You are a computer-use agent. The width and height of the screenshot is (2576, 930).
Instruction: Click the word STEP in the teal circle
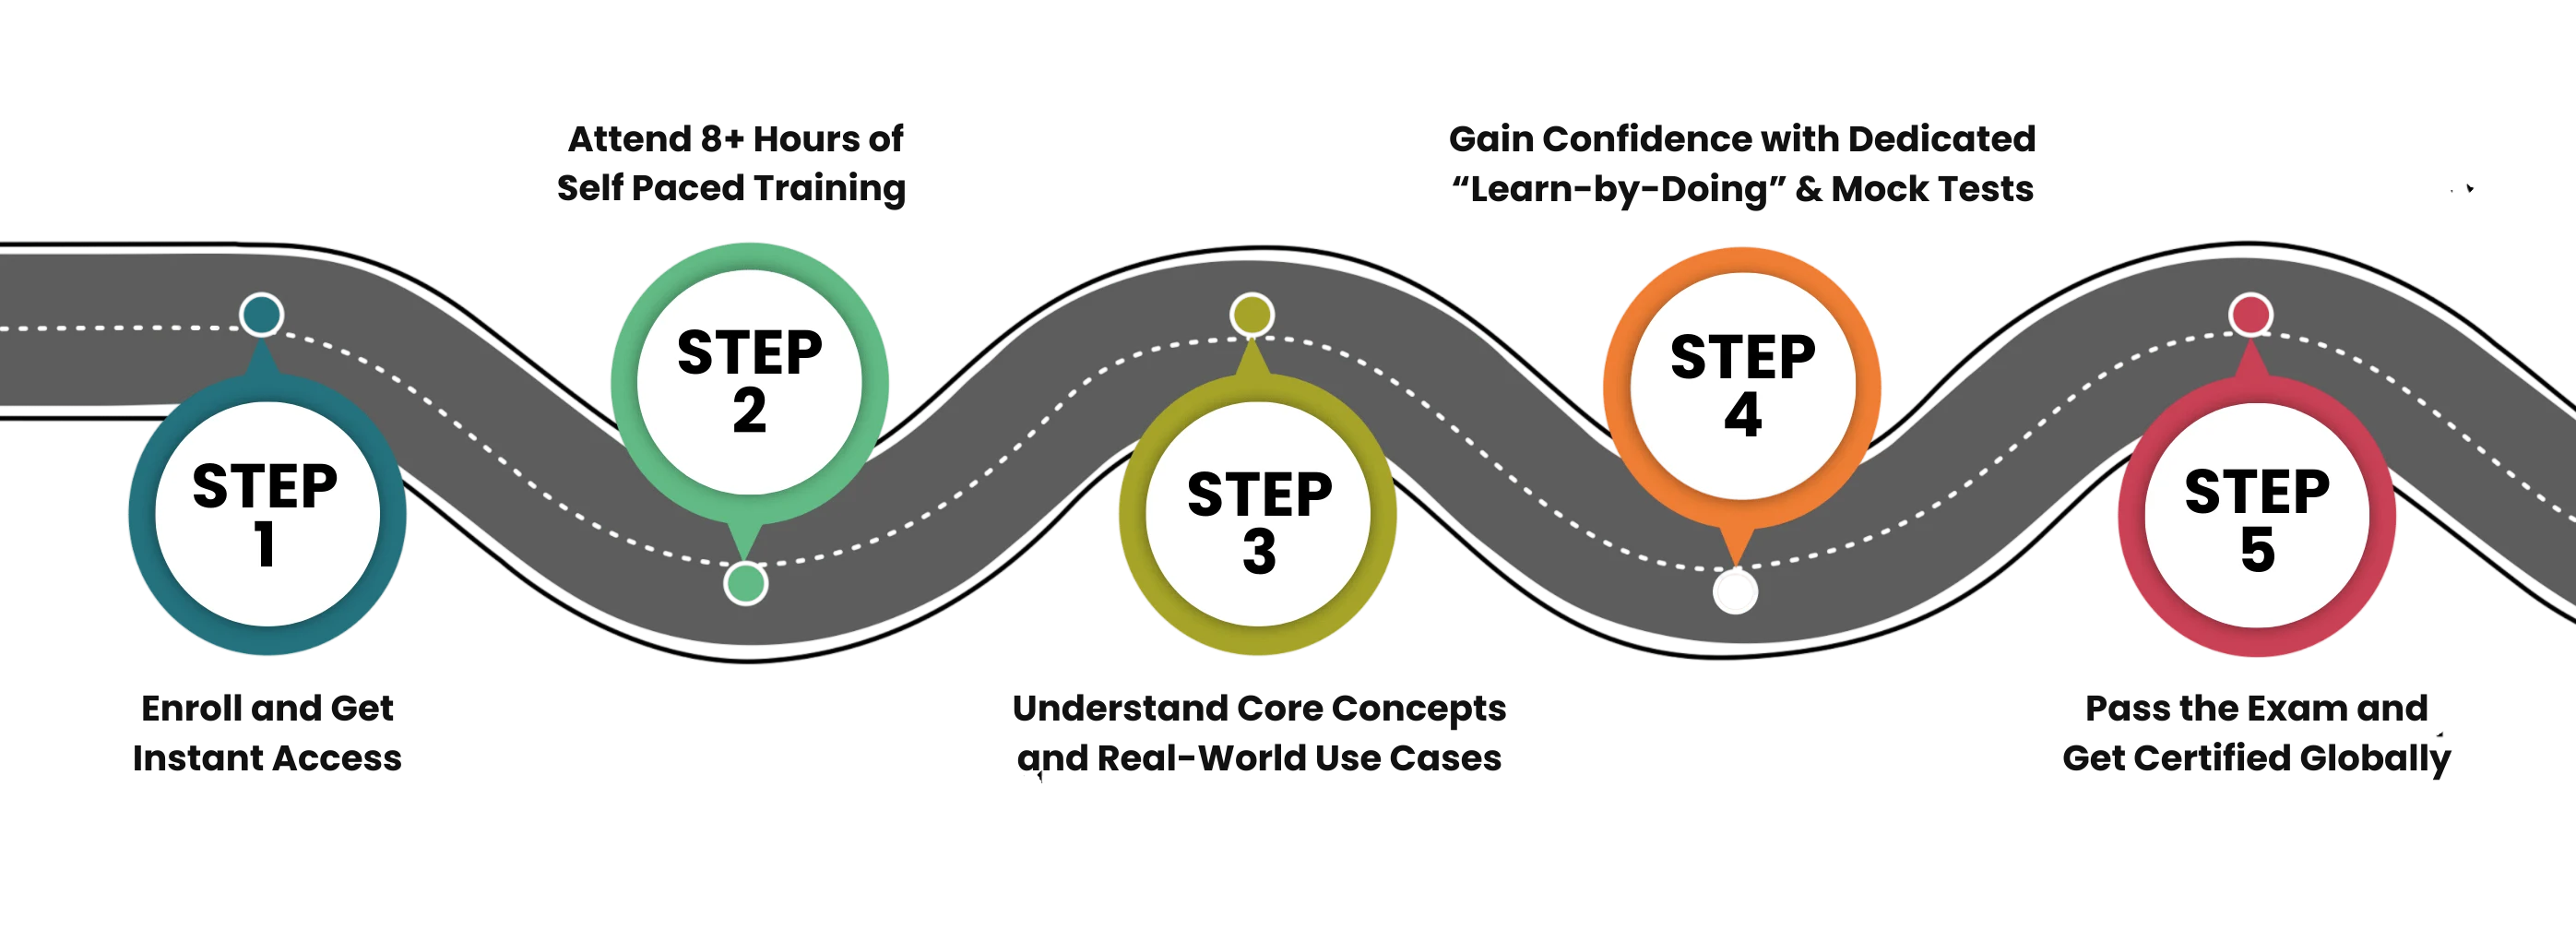point(265,486)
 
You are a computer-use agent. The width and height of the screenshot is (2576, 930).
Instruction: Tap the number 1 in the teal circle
point(265,546)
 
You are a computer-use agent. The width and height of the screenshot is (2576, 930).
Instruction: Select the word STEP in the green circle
point(749,353)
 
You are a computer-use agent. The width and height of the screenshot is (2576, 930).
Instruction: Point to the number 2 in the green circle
point(749,411)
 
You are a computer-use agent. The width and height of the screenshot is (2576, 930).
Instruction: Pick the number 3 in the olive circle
point(1259,553)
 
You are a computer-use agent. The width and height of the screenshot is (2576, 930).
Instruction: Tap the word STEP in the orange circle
point(1742,358)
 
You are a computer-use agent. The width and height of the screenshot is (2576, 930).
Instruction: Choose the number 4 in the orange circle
point(1742,416)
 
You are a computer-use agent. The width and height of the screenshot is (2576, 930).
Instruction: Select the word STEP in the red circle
point(2257,492)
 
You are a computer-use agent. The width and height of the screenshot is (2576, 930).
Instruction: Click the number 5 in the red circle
point(2257,551)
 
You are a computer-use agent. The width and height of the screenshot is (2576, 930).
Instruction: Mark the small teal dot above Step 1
point(262,315)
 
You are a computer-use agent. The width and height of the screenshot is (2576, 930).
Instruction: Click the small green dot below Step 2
point(745,583)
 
